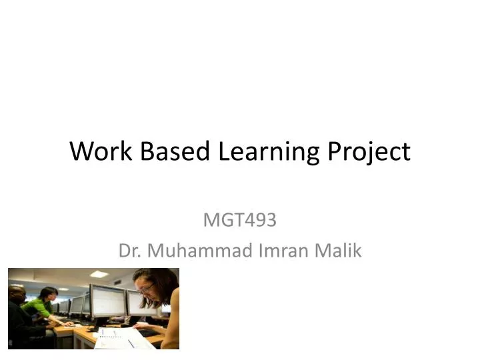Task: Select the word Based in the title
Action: (x=171, y=153)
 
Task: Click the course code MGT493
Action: (x=240, y=219)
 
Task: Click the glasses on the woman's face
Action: (x=146, y=289)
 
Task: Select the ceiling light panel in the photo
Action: (x=99, y=273)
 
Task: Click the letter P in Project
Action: (x=334, y=153)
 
